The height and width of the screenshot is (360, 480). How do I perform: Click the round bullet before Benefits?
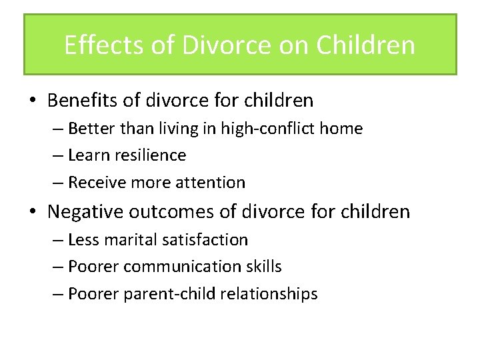tap(33, 101)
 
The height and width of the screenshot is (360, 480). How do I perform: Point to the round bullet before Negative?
tap(33, 212)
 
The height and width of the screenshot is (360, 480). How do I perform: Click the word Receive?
tap(95, 183)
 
